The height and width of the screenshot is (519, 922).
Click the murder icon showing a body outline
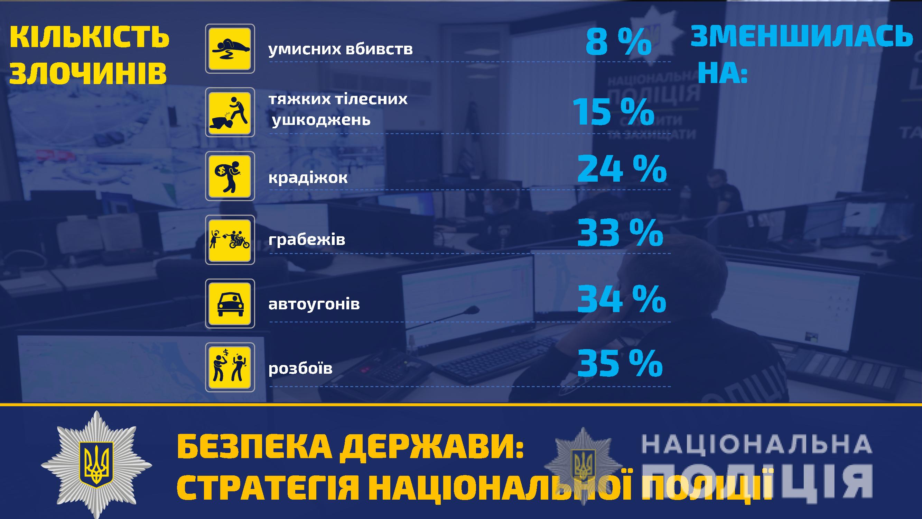pos(230,49)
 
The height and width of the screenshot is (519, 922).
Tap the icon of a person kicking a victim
pos(230,112)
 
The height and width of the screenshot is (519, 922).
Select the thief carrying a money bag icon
pos(230,176)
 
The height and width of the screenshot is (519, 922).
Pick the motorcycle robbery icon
pos(230,240)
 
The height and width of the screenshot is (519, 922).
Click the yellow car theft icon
pos(230,303)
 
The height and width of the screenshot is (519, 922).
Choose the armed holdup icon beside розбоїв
pos(230,367)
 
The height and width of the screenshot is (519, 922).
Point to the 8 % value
pos(618,43)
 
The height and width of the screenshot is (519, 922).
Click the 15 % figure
pos(614,112)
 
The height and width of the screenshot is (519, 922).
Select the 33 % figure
pos(620,233)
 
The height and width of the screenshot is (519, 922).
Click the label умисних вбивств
pos(341,49)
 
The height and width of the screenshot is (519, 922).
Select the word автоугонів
pos(314,304)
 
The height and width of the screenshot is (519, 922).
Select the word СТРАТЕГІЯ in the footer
pos(268,488)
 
